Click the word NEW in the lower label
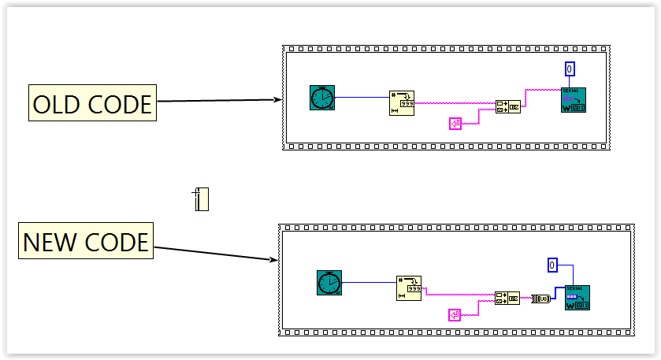(50, 241)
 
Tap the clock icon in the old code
(321, 98)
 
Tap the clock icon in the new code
(329, 282)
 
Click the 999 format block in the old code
(402, 102)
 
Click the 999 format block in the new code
(408, 288)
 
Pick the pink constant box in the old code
(455, 123)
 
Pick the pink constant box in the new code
(455, 315)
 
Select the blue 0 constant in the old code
(570, 69)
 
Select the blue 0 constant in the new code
(553, 265)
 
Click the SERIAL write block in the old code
(573, 100)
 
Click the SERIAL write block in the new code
(577, 297)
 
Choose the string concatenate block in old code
(507, 106)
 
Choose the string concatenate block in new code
(507, 299)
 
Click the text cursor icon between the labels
(201, 199)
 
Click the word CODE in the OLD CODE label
(118, 103)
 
